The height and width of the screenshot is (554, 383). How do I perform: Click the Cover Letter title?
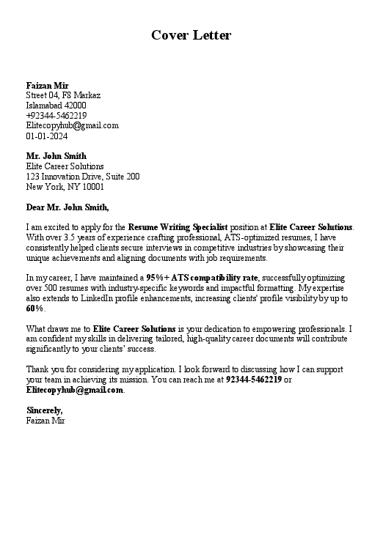[191, 35]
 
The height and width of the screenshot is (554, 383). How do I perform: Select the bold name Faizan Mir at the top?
[47, 86]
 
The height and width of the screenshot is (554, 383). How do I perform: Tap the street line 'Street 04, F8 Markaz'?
[63, 95]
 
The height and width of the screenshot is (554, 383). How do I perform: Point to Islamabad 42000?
[56, 106]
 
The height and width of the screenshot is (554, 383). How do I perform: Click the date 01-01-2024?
[46, 136]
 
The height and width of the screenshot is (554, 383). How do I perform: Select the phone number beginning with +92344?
[56, 116]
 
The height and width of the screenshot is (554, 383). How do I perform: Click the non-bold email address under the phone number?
[72, 125]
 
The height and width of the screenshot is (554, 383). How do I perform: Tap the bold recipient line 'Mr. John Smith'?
[56, 156]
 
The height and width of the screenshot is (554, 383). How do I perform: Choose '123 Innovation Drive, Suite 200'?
[82, 177]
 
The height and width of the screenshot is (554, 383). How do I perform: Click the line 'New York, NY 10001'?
[65, 187]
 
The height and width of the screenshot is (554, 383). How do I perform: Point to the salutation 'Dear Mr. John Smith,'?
[67, 207]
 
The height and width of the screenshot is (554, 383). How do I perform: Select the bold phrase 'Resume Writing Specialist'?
[178, 227]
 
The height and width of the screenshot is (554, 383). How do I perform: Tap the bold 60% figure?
[34, 309]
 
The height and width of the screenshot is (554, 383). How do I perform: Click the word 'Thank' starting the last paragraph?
[38, 369]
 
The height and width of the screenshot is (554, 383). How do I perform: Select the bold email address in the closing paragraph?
[74, 390]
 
